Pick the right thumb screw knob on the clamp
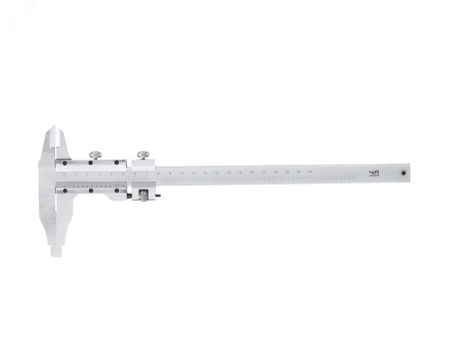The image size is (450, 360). (x=143, y=153)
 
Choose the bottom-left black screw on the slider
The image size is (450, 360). (x=64, y=190)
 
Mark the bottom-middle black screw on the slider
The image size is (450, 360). (x=92, y=189)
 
